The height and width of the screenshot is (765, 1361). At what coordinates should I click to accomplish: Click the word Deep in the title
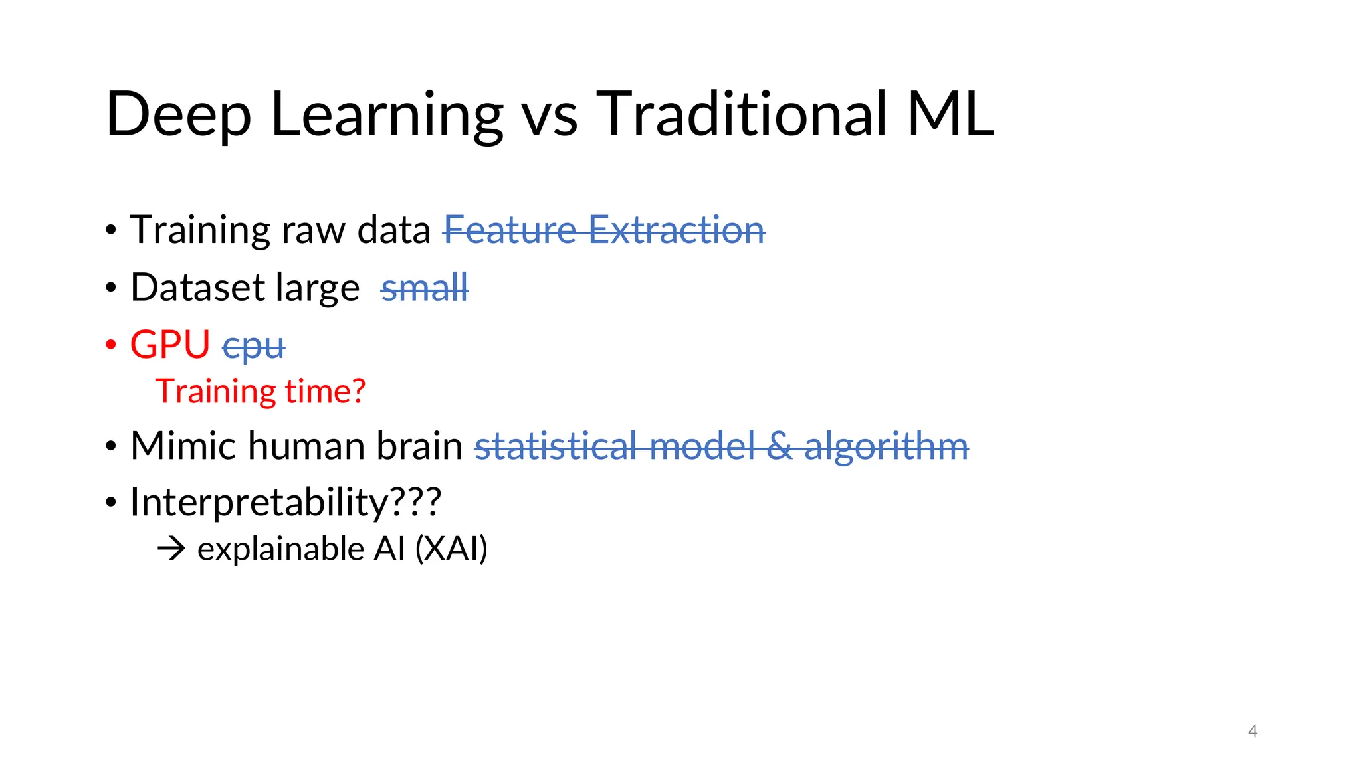[x=178, y=115]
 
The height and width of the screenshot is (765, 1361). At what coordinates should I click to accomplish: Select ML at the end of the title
[x=950, y=114]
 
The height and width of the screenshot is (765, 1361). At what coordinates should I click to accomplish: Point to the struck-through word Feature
[x=510, y=230]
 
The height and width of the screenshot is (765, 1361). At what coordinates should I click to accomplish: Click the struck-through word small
[x=424, y=288]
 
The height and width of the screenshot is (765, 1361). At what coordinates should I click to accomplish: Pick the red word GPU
[x=170, y=345]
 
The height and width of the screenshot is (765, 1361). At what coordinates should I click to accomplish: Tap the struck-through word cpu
[x=253, y=347]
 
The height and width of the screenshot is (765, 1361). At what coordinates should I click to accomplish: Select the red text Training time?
[x=260, y=391]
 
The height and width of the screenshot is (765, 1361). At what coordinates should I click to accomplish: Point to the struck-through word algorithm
[x=887, y=447]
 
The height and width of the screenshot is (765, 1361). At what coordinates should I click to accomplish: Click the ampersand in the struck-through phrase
[x=779, y=446]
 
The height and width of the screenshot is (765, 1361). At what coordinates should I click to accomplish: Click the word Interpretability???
[x=285, y=503]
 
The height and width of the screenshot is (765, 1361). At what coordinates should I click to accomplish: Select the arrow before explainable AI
[x=171, y=549]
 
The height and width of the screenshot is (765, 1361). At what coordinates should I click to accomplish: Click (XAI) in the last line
[x=451, y=549]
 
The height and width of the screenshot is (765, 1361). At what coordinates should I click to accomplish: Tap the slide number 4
[x=1253, y=731]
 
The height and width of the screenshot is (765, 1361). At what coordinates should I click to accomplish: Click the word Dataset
[x=197, y=288]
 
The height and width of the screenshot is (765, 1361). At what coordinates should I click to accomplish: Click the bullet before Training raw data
[x=111, y=231]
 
